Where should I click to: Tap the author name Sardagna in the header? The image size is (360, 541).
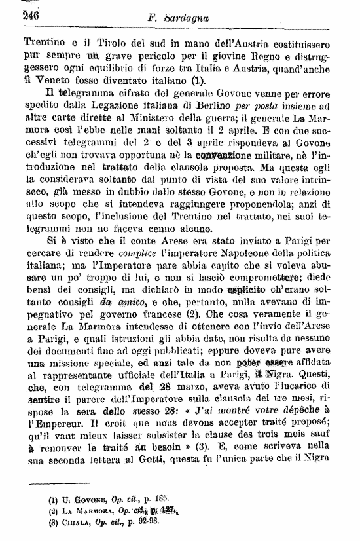(195, 17)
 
